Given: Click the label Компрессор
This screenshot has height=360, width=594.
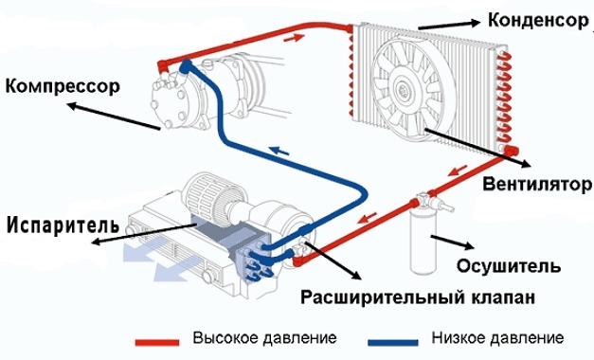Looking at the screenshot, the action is [x=63, y=86].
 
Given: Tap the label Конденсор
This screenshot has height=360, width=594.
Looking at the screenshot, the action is [x=537, y=20].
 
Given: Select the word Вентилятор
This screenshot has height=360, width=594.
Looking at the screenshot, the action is [x=537, y=185].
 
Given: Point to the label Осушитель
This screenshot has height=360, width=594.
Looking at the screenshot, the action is [x=509, y=265].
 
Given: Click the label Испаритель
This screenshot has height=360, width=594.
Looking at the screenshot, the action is [x=63, y=225].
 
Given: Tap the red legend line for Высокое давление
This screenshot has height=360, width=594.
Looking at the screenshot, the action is [x=157, y=342].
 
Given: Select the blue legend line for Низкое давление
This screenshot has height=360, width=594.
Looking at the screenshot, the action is [x=393, y=342].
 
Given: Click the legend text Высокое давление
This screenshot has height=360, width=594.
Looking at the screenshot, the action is [x=264, y=337].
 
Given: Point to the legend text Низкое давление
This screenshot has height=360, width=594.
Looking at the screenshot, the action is [x=497, y=337].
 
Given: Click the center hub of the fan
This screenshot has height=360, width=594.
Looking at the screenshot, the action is [x=403, y=90].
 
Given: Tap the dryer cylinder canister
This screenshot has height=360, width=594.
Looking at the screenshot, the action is [x=423, y=242].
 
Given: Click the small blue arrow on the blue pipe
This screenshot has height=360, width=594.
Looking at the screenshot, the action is [x=279, y=152].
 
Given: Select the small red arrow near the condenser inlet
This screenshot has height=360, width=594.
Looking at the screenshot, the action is [x=294, y=38].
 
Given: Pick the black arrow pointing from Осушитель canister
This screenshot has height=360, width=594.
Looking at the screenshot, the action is [x=452, y=242].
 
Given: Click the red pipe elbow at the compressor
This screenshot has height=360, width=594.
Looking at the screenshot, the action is [x=164, y=66].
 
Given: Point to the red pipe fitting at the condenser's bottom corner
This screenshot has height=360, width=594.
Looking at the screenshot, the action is [x=512, y=151].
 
